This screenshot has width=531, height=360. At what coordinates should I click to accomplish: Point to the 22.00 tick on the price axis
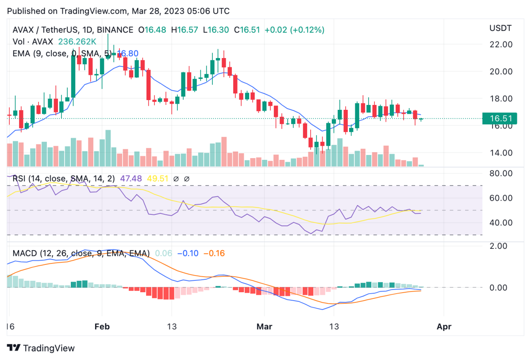coord(501,44)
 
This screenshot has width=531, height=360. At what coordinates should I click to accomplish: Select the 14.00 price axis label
coord(501,153)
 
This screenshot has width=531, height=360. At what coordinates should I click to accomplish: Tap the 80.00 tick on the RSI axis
coord(501,173)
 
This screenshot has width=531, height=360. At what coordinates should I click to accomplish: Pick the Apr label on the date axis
coord(444,327)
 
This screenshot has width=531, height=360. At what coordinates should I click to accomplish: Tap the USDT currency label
coord(500,29)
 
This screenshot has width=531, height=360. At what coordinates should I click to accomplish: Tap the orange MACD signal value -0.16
coord(214,254)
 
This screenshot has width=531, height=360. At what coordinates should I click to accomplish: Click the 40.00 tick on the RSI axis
coord(501,223)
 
